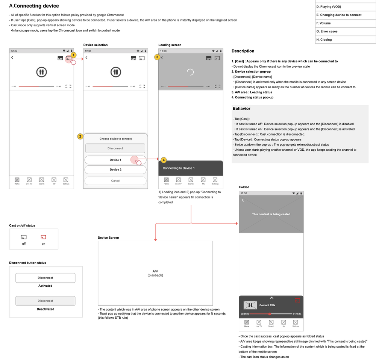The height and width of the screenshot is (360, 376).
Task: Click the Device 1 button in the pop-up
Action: (115, 160)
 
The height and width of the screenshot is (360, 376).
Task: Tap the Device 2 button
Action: (115, 170)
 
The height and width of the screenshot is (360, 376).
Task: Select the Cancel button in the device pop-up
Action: (115, 181)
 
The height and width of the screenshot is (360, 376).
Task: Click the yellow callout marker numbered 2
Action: (80, 136)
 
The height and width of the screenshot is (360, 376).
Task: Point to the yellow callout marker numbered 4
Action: (164, 160)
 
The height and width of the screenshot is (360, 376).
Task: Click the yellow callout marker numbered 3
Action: (157, 57)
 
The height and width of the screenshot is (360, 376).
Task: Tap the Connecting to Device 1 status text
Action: (179, 168)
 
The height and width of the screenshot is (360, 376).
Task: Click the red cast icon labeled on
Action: (43, 237)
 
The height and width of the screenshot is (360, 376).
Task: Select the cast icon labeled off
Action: (24, 237)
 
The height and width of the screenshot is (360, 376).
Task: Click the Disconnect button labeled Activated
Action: (45, 278)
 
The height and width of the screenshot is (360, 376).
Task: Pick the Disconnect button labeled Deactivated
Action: (45, 301)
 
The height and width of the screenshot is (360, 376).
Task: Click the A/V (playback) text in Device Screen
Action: (155, 273)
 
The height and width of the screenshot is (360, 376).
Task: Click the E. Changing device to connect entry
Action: (339, 15)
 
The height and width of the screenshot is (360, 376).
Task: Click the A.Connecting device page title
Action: (34, 6)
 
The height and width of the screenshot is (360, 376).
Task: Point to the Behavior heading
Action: (241, 109)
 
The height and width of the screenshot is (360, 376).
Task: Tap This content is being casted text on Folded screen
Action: (271, 215)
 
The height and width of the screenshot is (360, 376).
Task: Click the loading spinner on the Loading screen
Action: (190, 72)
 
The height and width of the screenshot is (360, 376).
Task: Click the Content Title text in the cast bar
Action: (267, 305)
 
